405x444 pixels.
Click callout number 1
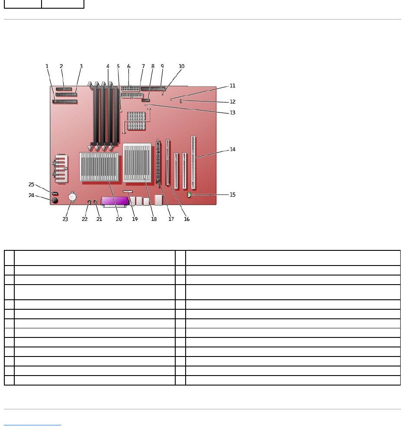tap(47, 66)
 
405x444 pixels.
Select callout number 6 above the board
tap(129, 66)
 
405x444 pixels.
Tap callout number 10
tap(182, 66)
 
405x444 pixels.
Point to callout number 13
tap(232, 113)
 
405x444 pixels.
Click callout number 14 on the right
tap(232, 149)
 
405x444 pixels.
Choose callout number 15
tap(232, 194)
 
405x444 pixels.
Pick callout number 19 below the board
tap(135, 219)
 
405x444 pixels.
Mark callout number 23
tap(65, 219)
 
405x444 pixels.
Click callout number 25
tap(31, 185)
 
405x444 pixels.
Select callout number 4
tap(108, 66)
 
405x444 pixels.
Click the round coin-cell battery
tap(72, 198)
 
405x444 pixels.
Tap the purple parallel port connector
tap(115, 201)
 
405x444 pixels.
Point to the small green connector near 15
tap(189, 195)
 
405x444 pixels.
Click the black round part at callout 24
tap(55, 201)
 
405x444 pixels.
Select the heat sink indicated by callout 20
tap(99, 167)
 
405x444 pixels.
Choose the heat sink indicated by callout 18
tap(137, 163)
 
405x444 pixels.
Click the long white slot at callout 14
tap(193, 162)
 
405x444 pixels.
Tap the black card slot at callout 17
tap(158, 162)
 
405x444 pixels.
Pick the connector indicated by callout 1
tap(64, 102)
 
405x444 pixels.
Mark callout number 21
tap(99, 219)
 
